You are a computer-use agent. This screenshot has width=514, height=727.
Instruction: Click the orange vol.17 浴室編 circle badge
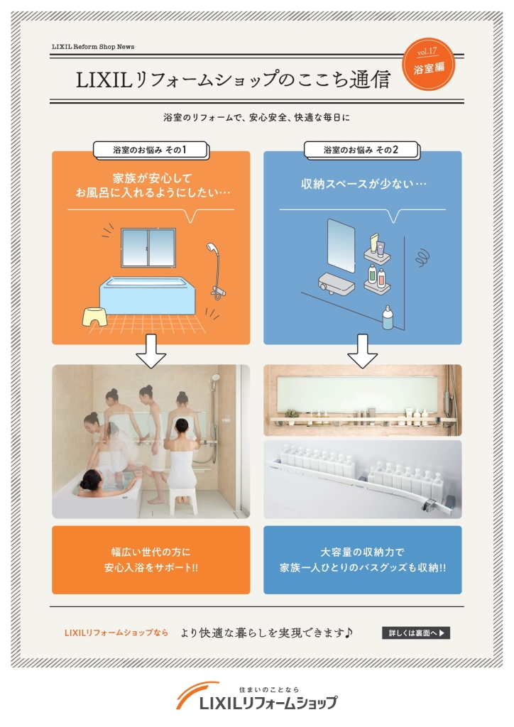(x=428, y=64)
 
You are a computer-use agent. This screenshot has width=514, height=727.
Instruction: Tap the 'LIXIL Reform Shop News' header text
(x=93, y=47)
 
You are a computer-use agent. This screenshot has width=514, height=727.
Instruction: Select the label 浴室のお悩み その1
(x=150, y=150)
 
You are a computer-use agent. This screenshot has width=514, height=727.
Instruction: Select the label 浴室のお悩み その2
(x=361, y=150)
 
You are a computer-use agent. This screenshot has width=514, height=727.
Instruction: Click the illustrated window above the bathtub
(x=148, y=248)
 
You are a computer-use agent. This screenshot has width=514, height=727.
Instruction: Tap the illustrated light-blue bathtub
(x=148, y=296)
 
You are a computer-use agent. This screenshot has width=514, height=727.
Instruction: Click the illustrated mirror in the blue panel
(x=341, y=246)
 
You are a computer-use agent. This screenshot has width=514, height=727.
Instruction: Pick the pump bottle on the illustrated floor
(x=388, y=317)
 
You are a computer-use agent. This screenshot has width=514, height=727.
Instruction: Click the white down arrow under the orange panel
(x=151, y=351)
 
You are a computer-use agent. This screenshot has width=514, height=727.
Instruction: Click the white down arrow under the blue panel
(x=363, y=351)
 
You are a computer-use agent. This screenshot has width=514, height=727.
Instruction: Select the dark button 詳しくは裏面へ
(x=416, y=633)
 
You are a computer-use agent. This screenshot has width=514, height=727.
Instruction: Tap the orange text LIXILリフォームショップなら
(x=116, y=633)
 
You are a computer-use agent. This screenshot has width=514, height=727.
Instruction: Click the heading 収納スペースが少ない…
(x=363, y=184)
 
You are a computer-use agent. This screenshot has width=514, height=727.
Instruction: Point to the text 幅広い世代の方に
(x=151, y=552)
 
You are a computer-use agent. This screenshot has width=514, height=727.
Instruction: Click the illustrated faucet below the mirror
(x=336, y=283)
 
